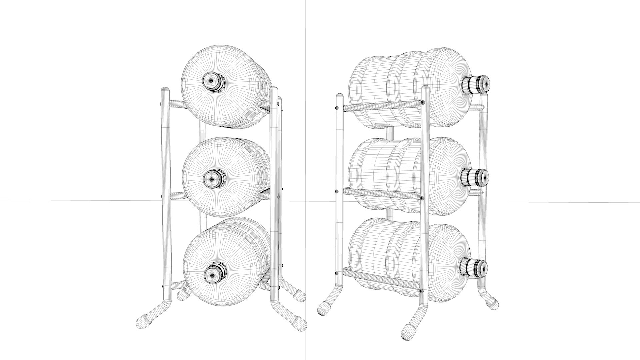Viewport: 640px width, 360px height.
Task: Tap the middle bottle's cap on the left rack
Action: point(212,179)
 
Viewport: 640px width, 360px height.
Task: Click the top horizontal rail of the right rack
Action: point(380,106)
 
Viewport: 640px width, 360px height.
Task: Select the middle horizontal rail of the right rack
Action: point(380,194)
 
